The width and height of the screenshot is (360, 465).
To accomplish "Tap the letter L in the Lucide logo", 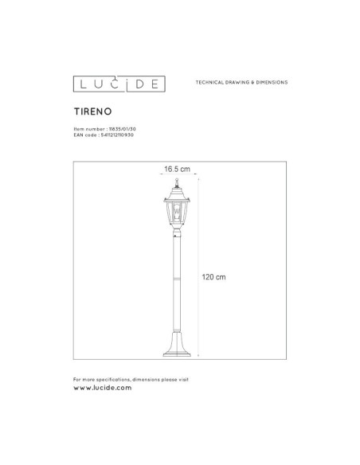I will click(80, 83).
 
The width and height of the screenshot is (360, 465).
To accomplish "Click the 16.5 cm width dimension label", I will click(178, 169).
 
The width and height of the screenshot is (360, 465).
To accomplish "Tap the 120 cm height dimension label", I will click(215, 276).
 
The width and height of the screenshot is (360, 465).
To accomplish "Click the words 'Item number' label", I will click(84, 129).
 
